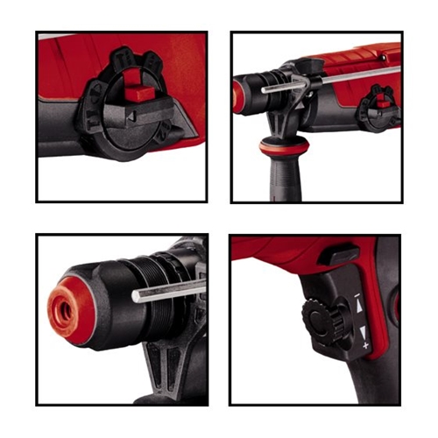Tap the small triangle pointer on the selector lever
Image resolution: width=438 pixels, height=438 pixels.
click(130, 114)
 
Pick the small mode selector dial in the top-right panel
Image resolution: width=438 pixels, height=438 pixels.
click(379, 98)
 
